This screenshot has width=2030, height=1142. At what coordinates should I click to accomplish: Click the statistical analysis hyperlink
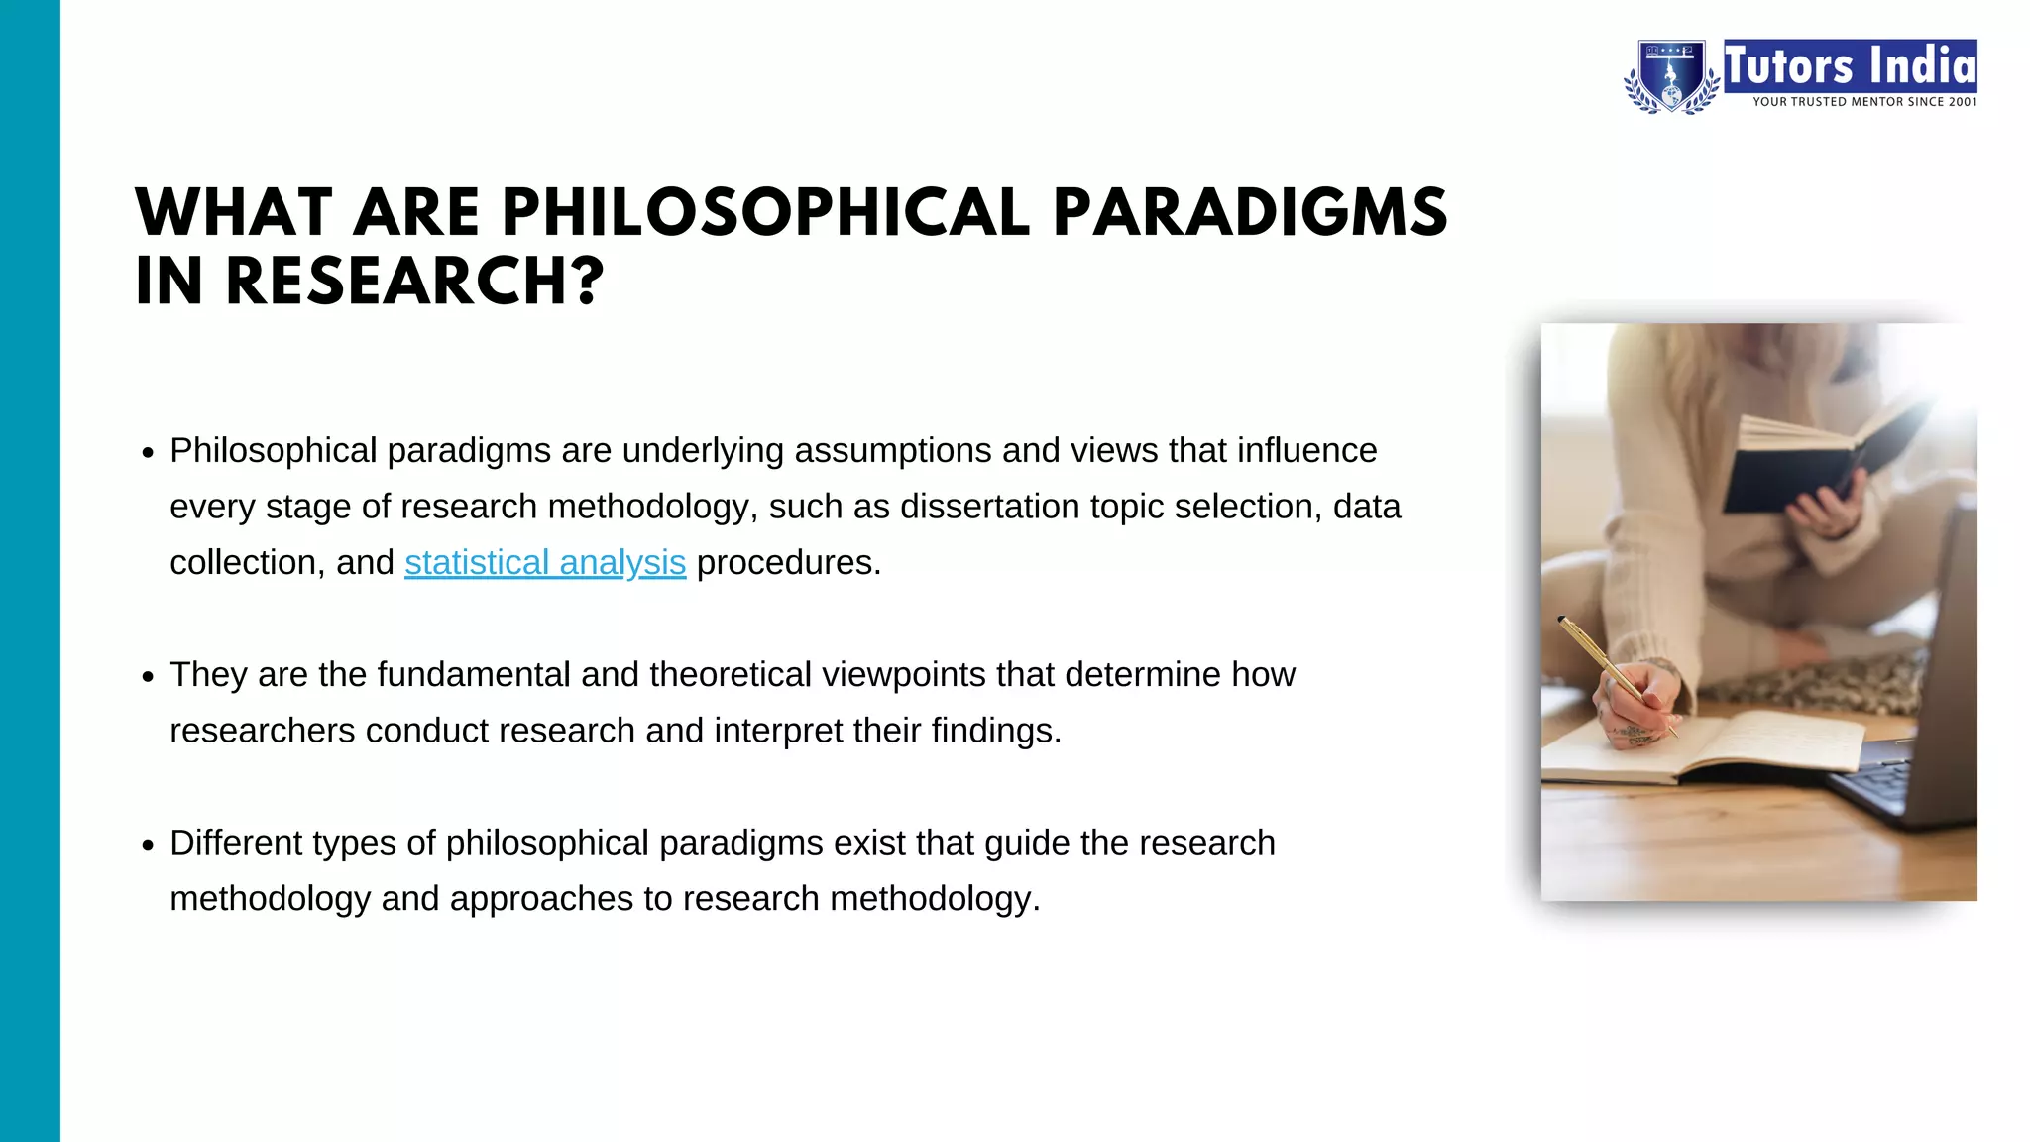pyautogui.click(x=544, y=563)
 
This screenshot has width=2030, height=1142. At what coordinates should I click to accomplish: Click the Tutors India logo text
pyautogui.click(x=1850, y=66)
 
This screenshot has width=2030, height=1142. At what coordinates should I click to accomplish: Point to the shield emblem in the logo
pyautogui.click(x=1671, y=76)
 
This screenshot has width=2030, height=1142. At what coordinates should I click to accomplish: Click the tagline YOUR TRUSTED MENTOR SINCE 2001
pyautogui.click(x=1863, y=102)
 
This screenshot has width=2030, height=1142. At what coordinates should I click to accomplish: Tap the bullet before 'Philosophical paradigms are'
pyautogui.click(x=148, y=453)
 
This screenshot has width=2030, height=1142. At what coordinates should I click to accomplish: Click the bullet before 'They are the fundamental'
pyautogui.click(x=148, y=677)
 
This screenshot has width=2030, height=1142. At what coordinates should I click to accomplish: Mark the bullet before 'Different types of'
pyautogui.click(x=148, y=846)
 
